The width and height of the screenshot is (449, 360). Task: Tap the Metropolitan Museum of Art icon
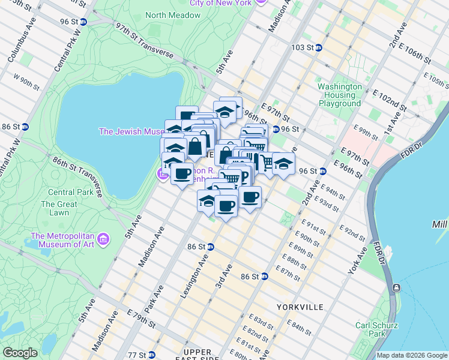click(104, 239)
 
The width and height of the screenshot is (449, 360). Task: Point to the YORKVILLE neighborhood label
click(300, 307)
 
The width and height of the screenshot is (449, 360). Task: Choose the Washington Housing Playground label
click(340, 95)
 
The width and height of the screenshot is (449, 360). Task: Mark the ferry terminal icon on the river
click(396, 289)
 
